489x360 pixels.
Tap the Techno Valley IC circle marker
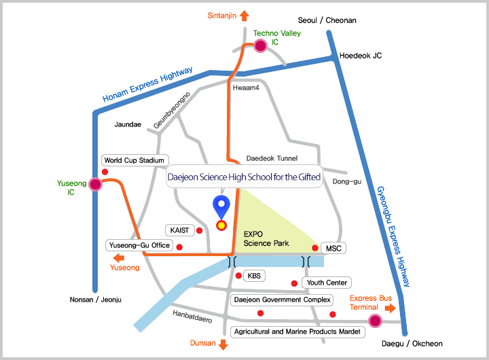(x=259, y=46)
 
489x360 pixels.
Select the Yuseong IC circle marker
(x=95, y=184)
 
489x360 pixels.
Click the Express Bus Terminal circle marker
(x=374, y=321)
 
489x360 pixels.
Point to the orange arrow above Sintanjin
(x=244, y=15)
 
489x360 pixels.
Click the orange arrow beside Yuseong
(x=117, y=258)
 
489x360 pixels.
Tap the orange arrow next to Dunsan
(x=222, y=345)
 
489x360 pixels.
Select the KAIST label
(x=179, y=230)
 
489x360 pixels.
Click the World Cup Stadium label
(x=134, y=160)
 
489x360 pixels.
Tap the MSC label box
(x=333, y=249)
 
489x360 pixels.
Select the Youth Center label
(x=327, y=283)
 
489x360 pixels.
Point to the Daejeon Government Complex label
(x=281, y=300)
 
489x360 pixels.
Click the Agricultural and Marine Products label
(x=298, y=332)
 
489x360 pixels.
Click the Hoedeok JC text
(x=361, y=56)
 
